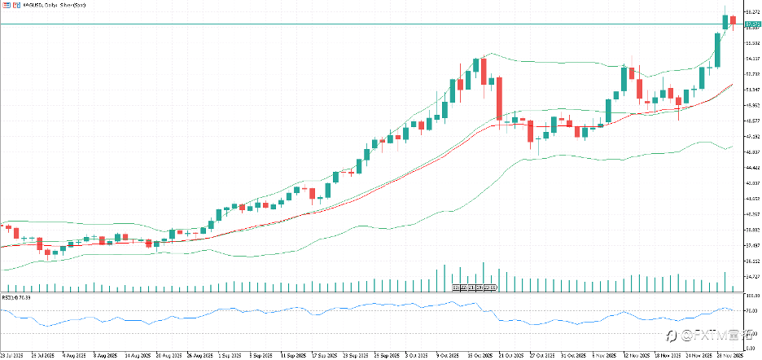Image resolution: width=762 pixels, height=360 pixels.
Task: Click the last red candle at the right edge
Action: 733,20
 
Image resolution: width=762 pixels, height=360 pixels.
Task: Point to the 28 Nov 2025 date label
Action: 732,356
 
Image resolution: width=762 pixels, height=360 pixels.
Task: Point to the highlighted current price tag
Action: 749,25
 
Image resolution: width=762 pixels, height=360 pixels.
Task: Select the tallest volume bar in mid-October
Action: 484,276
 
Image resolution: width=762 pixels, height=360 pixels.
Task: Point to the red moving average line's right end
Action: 733,84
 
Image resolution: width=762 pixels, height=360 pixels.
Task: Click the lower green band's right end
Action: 733,147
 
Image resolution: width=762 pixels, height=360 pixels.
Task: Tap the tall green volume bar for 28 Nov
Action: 725,282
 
